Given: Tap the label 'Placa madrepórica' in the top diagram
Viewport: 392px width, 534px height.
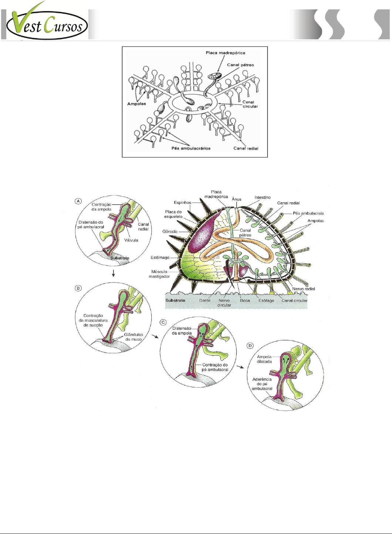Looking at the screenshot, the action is tap(225, 53).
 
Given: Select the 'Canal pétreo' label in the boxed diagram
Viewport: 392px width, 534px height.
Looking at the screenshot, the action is tap(240, 65).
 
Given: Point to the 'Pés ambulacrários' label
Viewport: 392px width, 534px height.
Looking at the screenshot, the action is tap(191, 148).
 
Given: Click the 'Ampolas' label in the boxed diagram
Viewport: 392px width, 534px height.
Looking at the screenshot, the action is tap(136, 104).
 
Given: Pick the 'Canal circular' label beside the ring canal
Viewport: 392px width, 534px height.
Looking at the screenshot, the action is tap(250, 104).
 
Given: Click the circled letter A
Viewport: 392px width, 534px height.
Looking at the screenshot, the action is tap(78, 201).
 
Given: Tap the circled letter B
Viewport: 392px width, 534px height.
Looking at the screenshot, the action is tap(78, 288).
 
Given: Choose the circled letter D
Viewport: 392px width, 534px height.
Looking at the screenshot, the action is tap(250, 346).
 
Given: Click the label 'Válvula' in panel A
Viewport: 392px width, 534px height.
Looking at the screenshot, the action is tap(131, 240).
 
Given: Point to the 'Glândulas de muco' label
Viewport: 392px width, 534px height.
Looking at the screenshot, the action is tap(134, 337).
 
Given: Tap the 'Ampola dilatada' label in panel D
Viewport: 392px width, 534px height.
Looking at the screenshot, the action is tap(264, 359).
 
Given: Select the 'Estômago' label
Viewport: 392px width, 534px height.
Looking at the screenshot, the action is tap(160, 257).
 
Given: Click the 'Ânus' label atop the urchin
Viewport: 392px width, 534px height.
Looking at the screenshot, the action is tap(237, 199).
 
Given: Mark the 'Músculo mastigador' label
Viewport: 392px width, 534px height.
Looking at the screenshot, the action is tap(159, 274).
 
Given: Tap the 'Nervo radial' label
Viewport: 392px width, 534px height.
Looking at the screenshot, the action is tap(304, 289).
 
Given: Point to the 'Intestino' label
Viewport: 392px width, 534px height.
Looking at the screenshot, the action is tap(262, 197).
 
